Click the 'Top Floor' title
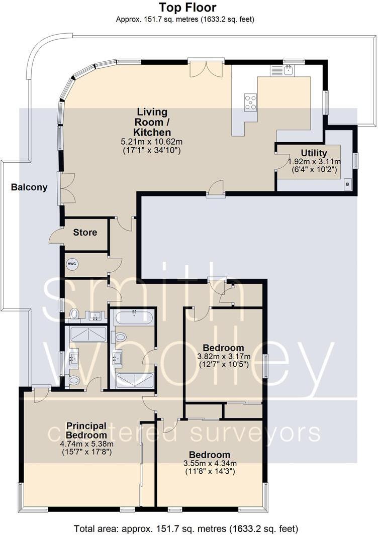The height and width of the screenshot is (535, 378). click(x=187, y=8)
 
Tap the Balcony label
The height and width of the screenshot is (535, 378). click(x=30, y=187)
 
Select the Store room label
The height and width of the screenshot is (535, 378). click(x=85, y=233)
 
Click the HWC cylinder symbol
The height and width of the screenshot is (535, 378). click(x=72, y=263)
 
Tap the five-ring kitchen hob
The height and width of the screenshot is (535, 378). click(x=250, y=102)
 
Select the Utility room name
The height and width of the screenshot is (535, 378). click(x=314, y=153)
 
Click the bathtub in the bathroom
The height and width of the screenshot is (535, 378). click(x=134, y=317)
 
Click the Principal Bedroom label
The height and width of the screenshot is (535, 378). click(x=86, y=431)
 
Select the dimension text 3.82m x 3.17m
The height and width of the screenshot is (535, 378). click(x=223, y=356)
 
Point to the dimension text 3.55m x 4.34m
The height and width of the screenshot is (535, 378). click(x=210, y=463)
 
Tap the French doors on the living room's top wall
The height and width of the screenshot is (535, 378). click(x=206, y=69)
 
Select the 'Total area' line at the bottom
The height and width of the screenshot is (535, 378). click(x=186, y=528)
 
